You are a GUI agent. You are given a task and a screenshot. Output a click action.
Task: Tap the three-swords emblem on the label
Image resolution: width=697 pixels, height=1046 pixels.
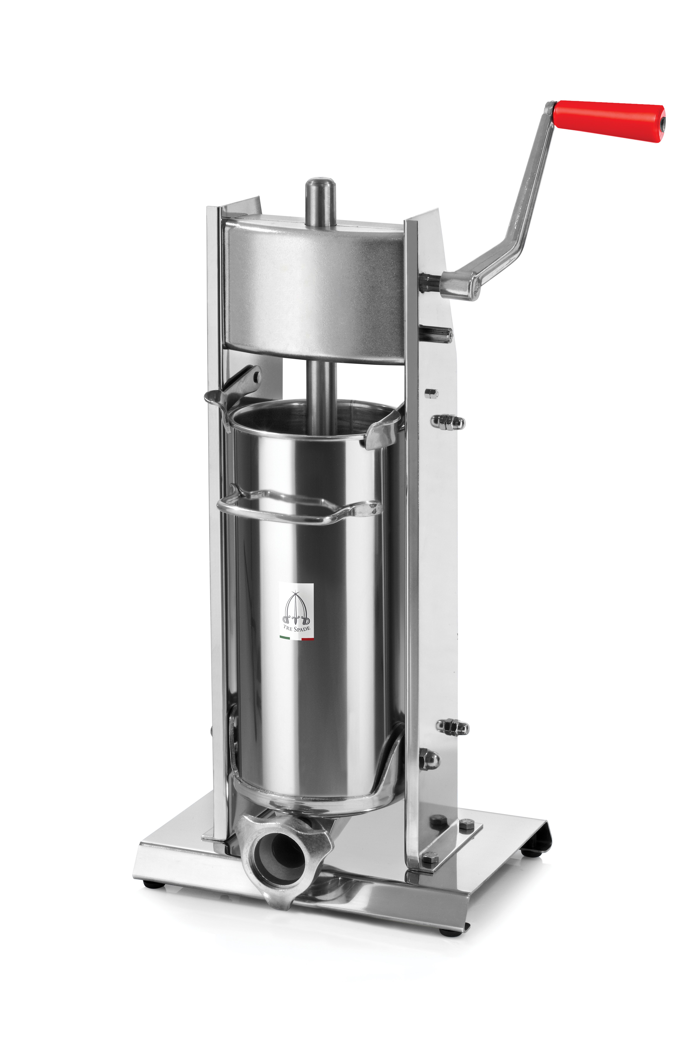[296, 607]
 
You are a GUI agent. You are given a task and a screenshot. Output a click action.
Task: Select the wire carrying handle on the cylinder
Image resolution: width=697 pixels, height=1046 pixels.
[298, 507]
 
